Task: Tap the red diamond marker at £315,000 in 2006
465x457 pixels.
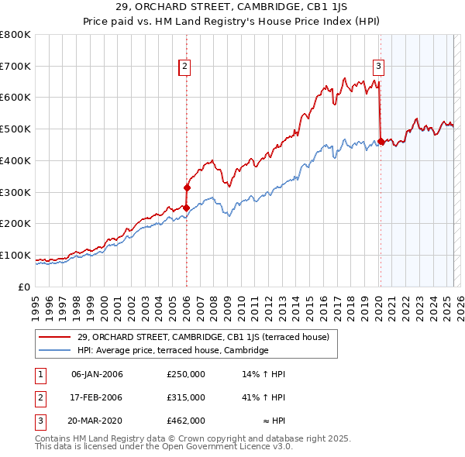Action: click(x=187, y=187)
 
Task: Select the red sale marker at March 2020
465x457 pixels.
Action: click(x=381, y=141)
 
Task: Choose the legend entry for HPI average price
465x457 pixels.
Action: click(x=172, y=350)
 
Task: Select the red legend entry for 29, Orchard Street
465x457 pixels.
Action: click(x=203, y=337)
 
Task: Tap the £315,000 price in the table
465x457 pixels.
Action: click(x=186, y=397)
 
